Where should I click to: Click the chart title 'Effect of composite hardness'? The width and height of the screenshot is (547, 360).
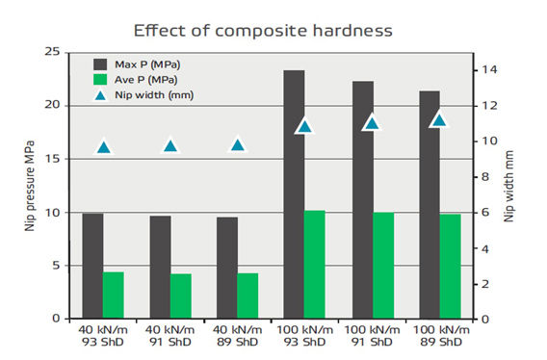(x=263, y=31)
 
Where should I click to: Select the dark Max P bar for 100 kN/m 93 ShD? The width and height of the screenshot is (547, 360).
(x=294, y=194)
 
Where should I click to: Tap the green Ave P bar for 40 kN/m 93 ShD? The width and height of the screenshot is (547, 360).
(x=114, y=296)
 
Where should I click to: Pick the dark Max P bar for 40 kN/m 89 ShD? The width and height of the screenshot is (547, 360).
(x=227, y=268)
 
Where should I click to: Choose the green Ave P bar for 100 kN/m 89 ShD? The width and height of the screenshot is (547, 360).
(x=451, y=267)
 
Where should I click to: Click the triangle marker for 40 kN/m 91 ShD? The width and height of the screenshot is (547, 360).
(x=170, y=146)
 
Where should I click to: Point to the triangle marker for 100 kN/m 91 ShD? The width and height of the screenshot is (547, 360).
(x=372, y=123)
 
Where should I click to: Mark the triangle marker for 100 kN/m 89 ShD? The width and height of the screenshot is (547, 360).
(x=439, y=120)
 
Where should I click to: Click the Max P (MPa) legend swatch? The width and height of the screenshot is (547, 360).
(x=100, y=64)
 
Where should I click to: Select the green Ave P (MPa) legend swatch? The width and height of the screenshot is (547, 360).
(x=100, y=80)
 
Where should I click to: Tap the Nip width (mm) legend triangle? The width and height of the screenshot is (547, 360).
(x=100, y=95)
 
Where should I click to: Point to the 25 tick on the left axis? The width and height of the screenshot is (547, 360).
(x=52, y=52)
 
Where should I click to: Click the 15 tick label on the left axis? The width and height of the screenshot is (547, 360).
(x=52, y=159)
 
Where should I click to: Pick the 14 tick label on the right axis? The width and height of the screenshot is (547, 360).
(x=489, y=69)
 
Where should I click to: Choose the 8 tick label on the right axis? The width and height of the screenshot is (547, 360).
(x=485, y=177)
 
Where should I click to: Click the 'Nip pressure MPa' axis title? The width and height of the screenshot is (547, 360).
(x=30, y=186)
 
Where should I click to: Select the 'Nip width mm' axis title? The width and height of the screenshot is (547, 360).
(x=508, y=186)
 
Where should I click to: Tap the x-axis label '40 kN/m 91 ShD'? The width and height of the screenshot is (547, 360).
(x=170, y=336)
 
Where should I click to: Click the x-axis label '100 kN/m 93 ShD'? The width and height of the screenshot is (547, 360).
(x=304, y=336)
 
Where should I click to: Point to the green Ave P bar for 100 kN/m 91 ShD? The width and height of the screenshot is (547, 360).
(x=383, y=266)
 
